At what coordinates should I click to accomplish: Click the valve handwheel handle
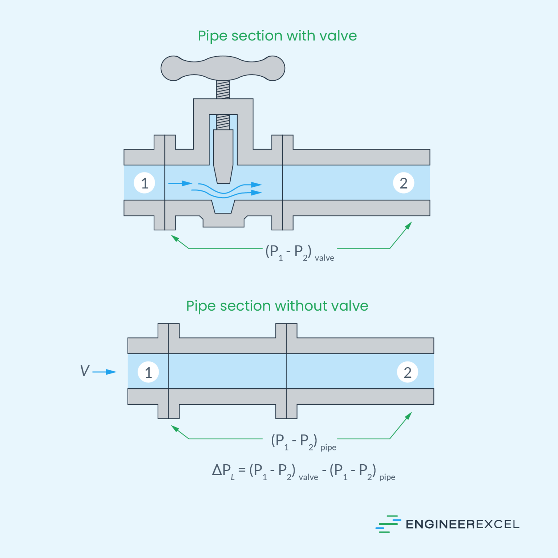click(223, 68)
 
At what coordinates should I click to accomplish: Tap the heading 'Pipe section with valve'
click(277, 36)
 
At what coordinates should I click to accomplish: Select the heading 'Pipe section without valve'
click(277, 306)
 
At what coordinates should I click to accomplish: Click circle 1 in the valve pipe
click(145, 183)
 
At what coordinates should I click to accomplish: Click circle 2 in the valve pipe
click(404, 183)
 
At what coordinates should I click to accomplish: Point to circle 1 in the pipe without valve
click(148, 372)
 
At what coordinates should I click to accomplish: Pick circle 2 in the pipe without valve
click(408, 372)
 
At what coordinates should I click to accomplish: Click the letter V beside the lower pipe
click(85, 371)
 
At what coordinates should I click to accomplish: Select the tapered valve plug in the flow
click(223, 156)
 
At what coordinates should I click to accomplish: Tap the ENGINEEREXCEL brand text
click(462, 524)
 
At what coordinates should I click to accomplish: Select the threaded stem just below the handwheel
click(223, 89)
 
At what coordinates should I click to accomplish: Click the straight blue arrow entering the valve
click(180, 183)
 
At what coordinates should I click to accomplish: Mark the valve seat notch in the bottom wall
click(223, 208)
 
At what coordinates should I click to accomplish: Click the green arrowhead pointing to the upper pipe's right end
click(409, 226)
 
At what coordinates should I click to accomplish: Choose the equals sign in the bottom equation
click(242, 470)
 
